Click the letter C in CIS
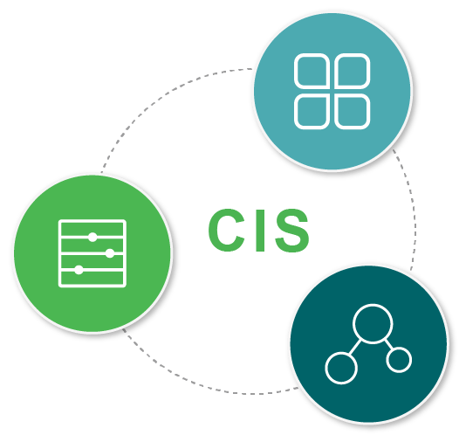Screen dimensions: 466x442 227,230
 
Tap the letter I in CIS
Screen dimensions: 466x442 260,231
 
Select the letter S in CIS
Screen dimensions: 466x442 292,231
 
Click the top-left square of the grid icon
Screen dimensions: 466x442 312,71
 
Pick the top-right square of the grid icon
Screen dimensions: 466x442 353,71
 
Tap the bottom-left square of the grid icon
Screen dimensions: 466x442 312,112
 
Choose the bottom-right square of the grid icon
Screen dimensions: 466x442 353,112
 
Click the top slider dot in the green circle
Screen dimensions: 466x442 93,237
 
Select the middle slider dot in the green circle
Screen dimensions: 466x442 110,253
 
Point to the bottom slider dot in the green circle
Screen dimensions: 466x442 79,270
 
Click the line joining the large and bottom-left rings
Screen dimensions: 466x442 355,347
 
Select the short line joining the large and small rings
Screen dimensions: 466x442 388,344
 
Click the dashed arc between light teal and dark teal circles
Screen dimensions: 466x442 414,208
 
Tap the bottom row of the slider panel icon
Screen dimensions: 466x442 93,279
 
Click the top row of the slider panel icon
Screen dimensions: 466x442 93,229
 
